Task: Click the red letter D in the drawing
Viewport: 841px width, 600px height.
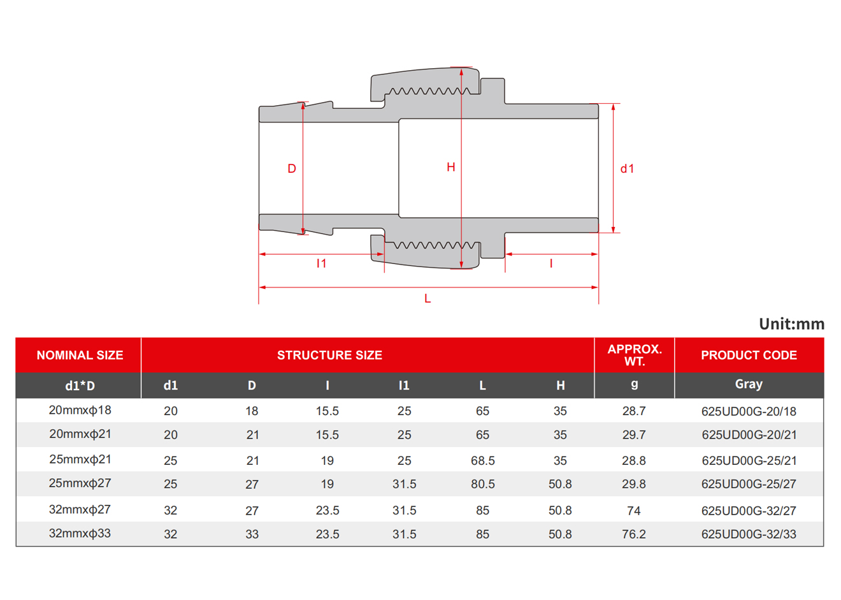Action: pyautogui.click(x=292, y=168)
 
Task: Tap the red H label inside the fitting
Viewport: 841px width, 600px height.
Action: pyautogui.click(x=451, y=167)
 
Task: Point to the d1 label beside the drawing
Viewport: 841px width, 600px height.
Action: pyautogui.click(x=627, y=169)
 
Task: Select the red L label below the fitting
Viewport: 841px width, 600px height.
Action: pyautogui.click(x=428, y=298)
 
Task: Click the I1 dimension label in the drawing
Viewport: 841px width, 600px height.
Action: pyautogui.click(x=321, y=263)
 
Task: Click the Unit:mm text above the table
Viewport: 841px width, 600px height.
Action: pyautogui.click(x=791, y=324)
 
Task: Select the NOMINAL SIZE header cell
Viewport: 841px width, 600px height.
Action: pyautogui.click(x=80, y=355)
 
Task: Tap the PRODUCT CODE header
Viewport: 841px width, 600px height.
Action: pyautogui.click(x=749, y=355)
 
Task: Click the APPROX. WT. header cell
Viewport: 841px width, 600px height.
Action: pyautogui.click(x=635, y=355)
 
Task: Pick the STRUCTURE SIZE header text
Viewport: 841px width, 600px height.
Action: pyautogui.click(x=329, y=355)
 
